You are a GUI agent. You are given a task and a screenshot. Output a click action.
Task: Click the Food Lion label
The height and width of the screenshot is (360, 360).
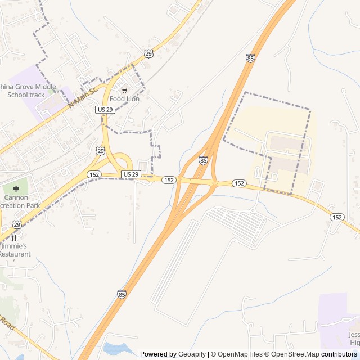point(124,99)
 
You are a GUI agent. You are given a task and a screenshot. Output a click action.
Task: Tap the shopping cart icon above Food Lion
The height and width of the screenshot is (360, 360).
point(124,90)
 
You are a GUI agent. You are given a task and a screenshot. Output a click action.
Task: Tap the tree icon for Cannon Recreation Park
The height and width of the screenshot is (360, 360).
point(16,189)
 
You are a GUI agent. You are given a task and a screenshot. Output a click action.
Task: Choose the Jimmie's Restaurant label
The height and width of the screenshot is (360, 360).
point(15,250)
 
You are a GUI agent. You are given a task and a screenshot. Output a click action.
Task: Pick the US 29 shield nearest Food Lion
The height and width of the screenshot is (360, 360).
point(105,109)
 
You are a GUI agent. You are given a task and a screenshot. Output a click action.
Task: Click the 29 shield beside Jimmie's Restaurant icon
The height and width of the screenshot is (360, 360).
point(17,224)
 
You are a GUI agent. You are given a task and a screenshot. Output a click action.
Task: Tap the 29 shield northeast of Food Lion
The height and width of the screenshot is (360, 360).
point(148,53)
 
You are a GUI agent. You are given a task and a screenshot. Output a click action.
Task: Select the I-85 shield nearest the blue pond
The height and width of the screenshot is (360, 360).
point(121,294)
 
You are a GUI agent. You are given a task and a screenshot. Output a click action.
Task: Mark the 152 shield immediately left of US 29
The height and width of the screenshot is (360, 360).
point(94,175)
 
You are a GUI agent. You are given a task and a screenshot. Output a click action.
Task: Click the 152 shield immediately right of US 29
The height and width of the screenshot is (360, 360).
point(169,180)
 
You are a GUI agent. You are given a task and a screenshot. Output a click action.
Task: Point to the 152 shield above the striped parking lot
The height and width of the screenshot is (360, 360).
point(239,183)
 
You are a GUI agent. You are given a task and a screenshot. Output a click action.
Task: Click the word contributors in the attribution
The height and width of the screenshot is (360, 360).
point(339,354)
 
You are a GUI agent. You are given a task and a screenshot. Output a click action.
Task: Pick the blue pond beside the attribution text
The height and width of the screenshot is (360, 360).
point(118,349)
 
